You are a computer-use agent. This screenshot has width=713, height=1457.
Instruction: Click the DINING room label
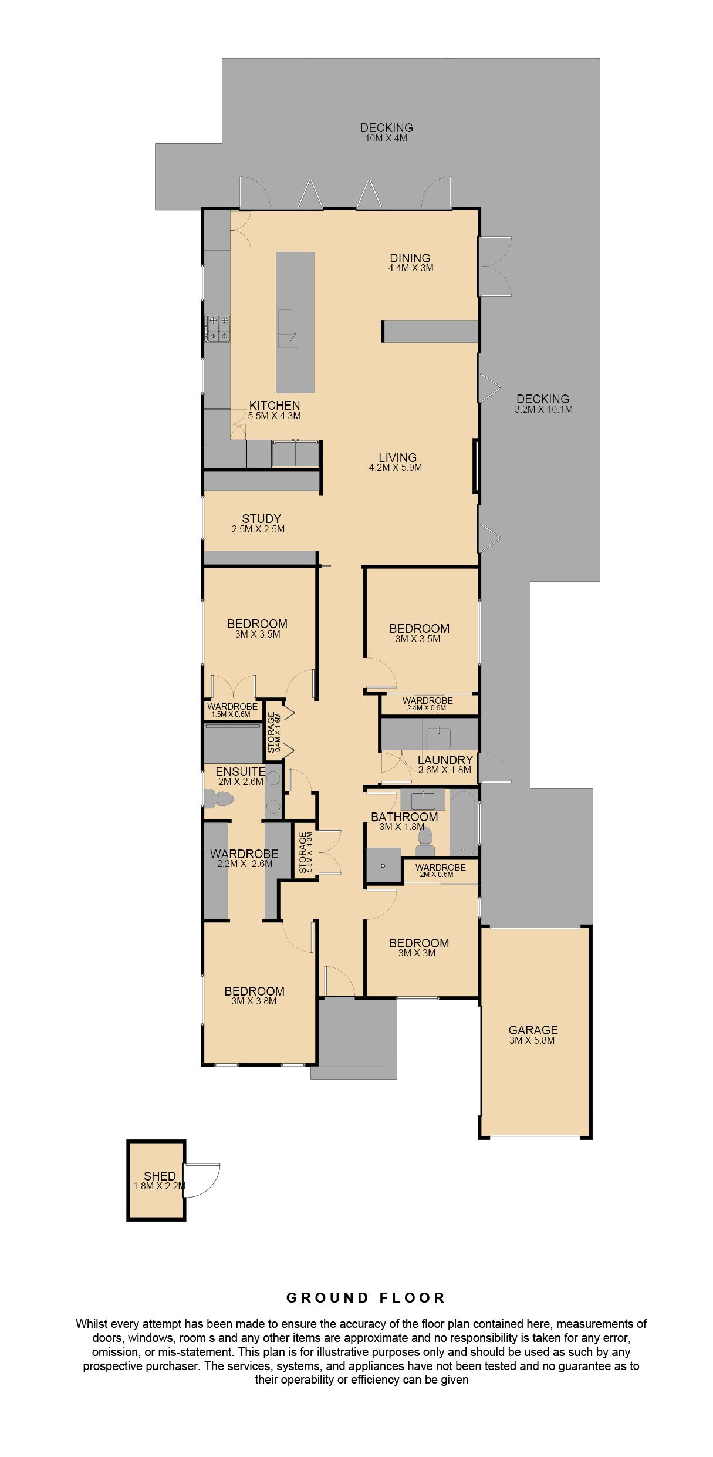pyautogui.click(x=410, y=258)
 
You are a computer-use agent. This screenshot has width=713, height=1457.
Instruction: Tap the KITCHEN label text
pyautogui.click(x=274, y=405)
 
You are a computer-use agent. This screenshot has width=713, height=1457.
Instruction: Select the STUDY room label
pyautogui.click(x=261, y=518)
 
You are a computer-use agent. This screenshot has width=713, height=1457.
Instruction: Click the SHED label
pyautogui.click(x=160, y=1176)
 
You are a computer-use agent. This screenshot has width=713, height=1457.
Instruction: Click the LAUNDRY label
pyautogui.click(x=445, y=760)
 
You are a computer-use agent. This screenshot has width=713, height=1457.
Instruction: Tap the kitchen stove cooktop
pyautogui.click(x=217, y=328)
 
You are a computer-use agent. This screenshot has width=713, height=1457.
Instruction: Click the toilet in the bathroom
pyautogui.click(x=425, y=842)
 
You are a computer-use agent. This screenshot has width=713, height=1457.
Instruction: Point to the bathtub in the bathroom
pyautogui.click(x=463, y=822)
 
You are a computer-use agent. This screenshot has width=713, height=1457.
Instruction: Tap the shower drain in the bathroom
pyautogui.click(x=383, y=865)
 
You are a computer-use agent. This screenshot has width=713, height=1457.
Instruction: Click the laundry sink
pyautogui.click(x=438, y=737)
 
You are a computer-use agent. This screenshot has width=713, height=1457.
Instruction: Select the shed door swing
pyautogui.click(x=202, y=1180)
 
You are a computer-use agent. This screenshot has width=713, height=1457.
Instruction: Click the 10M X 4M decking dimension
pyautogui.click(x=386, y=139)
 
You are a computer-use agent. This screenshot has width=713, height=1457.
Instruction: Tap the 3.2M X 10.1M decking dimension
pyautogui.click(x=543, y=409)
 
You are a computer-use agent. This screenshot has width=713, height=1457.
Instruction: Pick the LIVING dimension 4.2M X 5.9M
pyautogui.click(x=395, y=467)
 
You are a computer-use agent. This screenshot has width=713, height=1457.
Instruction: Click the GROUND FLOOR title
pyautogui.click(x=366, y=1298)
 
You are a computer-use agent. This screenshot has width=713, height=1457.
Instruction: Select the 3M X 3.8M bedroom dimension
pyautogui.click(x=254, y=1001)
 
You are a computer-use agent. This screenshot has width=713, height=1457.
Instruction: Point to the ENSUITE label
pyautogui.click(x=240, y=771)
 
